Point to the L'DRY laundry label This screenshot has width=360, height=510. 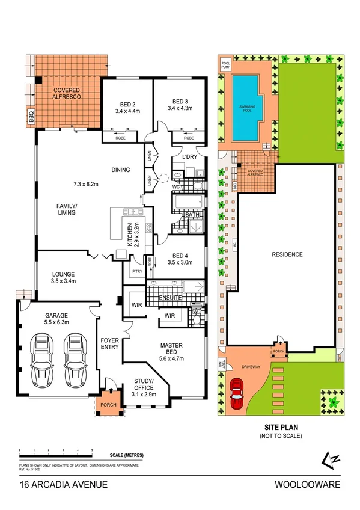pyautogui.click(x=190, y=158)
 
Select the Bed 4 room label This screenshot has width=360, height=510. pyautogui.click(x=178, y=254)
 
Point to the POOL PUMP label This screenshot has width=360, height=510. pyautogui.click(x=225, y=65)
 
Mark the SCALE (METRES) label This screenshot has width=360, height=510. pyautogui.click(x=126, y=455)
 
